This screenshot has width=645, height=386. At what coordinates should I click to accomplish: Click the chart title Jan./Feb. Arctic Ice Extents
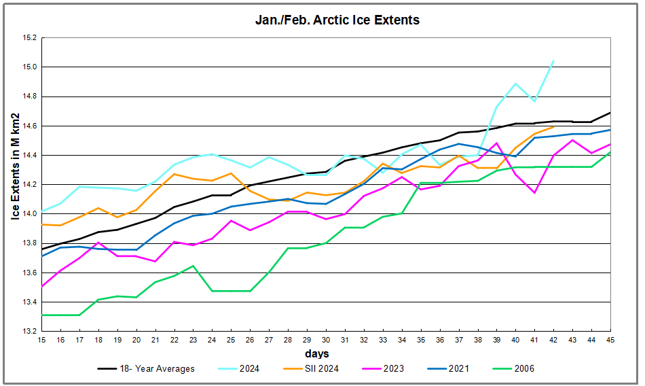point(337,20)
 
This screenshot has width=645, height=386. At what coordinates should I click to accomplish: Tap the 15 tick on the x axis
point(41,340)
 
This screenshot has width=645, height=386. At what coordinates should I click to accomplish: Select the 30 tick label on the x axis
point(326,340)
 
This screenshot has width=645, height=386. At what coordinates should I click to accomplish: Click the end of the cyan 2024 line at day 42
point(553,60)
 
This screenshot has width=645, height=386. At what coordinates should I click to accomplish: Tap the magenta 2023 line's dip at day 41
point(534,193)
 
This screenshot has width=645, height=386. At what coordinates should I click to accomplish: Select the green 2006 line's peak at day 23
point(193,266)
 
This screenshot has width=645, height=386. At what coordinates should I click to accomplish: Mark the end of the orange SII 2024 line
point(553,126)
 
